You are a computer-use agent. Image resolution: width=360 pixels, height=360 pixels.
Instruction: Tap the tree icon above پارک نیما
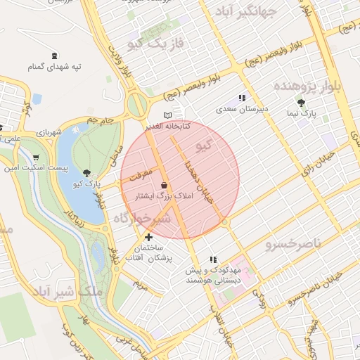pos(302,102)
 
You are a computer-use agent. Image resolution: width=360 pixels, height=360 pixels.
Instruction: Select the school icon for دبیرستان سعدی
pos(242,98)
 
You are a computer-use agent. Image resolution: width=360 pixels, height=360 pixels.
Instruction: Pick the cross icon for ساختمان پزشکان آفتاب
pos(148,237)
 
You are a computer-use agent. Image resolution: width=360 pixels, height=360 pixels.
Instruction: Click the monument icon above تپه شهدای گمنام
pos(56,56)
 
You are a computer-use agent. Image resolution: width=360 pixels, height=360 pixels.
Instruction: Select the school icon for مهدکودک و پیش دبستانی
pos(213,259)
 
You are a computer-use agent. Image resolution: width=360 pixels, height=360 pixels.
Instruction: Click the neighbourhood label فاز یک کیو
pos(156,44)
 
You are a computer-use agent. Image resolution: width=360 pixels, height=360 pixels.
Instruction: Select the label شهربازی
pos(51,131)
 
